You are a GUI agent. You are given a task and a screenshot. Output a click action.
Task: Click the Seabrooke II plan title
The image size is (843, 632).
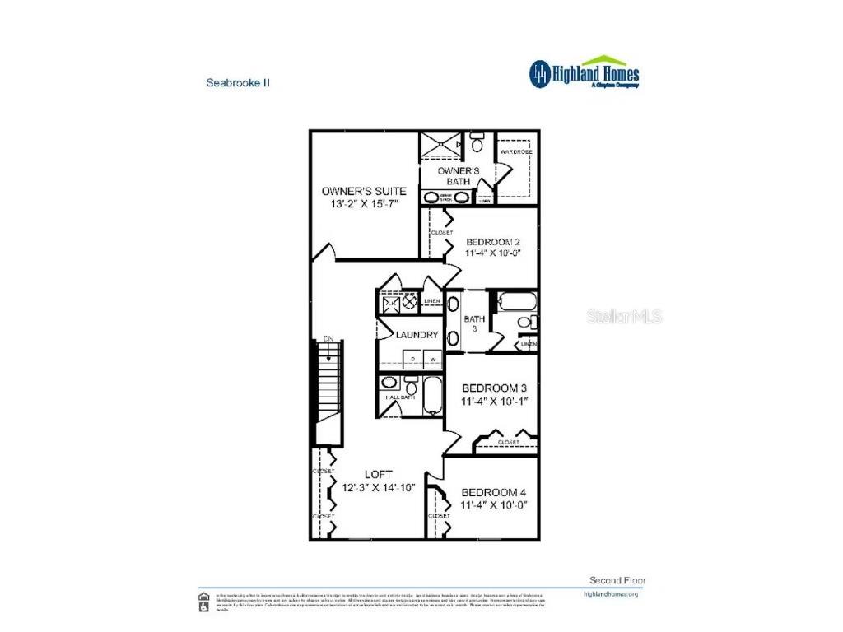[238, 83]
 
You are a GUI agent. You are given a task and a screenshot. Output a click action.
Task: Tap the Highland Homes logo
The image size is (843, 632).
[584, 72]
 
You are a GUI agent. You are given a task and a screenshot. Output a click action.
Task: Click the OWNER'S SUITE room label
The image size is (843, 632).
[364, 191]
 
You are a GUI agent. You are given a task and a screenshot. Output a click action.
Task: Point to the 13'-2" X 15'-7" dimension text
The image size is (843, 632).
[364, 204]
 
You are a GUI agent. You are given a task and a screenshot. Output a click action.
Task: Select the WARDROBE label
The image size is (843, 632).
[516, 153]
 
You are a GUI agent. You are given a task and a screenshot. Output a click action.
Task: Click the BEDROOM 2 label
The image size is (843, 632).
[492, 242]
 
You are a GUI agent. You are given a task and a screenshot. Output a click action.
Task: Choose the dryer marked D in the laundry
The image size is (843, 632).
[412, 359]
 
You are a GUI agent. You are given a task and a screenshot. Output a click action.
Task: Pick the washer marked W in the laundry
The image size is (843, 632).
[431, 359]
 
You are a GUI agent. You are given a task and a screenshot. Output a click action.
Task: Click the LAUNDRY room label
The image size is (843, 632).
[417, 335]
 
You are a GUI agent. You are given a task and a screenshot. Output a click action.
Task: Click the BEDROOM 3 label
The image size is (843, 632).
[494, 388]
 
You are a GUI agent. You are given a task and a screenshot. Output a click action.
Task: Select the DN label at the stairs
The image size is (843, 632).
[328, 338]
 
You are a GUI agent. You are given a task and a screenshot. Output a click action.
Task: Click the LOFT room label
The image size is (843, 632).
[379, 475]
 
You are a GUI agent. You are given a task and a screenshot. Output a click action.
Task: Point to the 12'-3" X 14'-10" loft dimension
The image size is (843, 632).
[379, 487]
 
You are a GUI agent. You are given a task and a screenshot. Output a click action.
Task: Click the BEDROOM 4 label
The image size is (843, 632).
[494, 492]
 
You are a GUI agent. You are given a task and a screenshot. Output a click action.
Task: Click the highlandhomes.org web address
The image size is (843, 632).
[610, 593]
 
